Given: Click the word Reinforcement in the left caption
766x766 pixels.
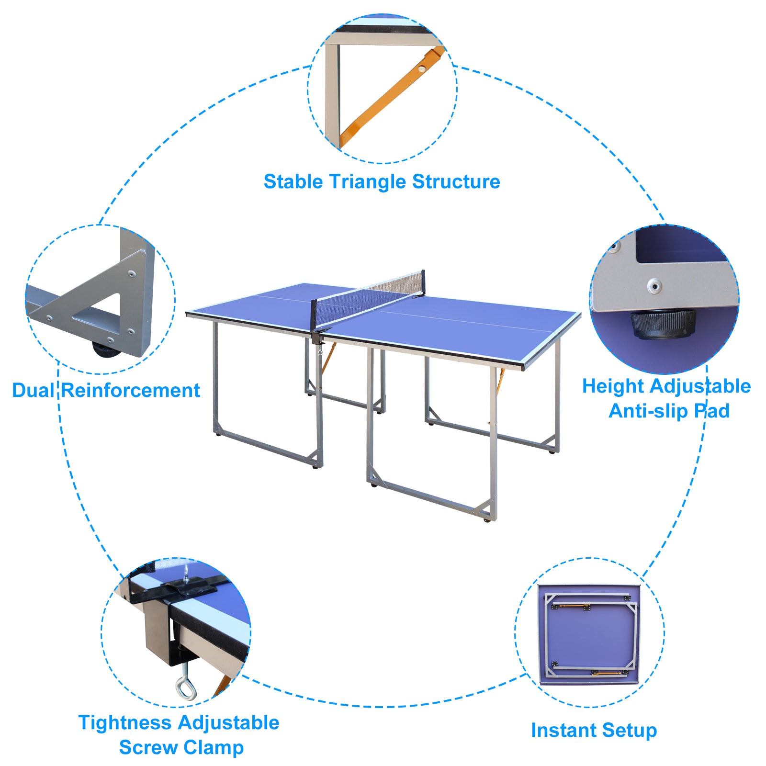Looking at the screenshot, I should click(131, 390).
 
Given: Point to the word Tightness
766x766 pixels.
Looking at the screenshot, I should click(125, 722).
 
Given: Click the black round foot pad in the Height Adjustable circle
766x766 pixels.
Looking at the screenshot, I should click(663, 323).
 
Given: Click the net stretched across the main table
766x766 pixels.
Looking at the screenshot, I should click(369, 297).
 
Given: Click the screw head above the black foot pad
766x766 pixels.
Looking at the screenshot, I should click(654, 286).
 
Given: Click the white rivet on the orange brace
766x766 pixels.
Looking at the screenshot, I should click(422, 68).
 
